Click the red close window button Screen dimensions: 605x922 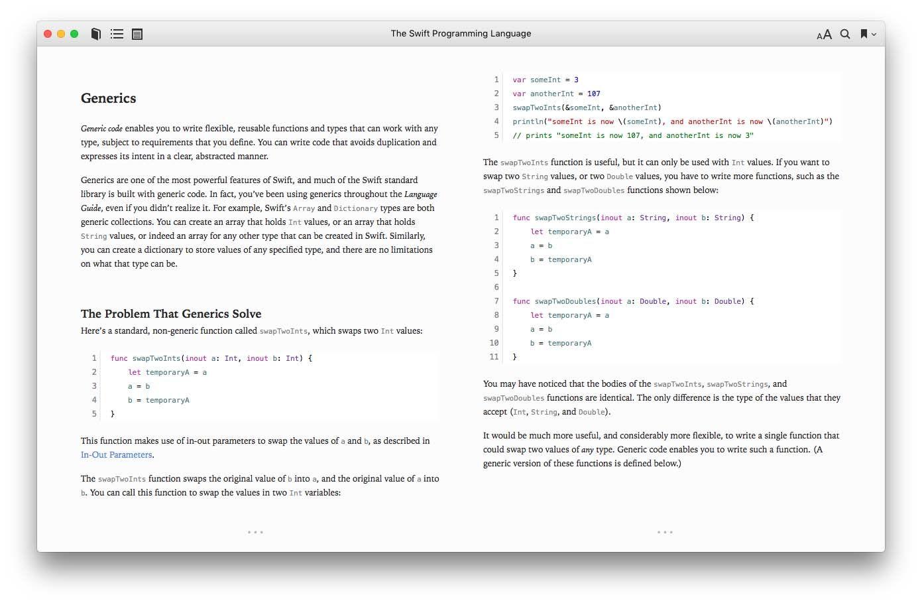point(48,34)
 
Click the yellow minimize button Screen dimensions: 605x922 point(61,34)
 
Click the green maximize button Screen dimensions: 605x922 point(74,34)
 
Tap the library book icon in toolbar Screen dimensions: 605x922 point(96,34)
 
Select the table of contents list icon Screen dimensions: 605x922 point(117,34)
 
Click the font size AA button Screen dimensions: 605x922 point(824,34)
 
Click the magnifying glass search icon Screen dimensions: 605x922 point(845,34)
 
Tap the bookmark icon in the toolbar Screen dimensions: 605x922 point(864,34)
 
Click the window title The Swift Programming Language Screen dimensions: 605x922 point(461,33)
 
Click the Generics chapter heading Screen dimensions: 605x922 point(108,98)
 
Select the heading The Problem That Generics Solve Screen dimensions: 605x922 point(171,314)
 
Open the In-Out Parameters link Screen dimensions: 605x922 point(117,455)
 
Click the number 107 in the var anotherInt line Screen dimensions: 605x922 point(593,94)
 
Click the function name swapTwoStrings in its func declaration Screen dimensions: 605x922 point(565,218)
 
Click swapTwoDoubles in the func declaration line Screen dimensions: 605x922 point(565,301)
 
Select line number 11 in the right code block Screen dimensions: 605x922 point(494,357)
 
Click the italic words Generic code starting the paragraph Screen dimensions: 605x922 point(101,129)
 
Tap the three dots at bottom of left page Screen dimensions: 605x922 point(255,532)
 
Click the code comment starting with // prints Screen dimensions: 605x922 point(632,135)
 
